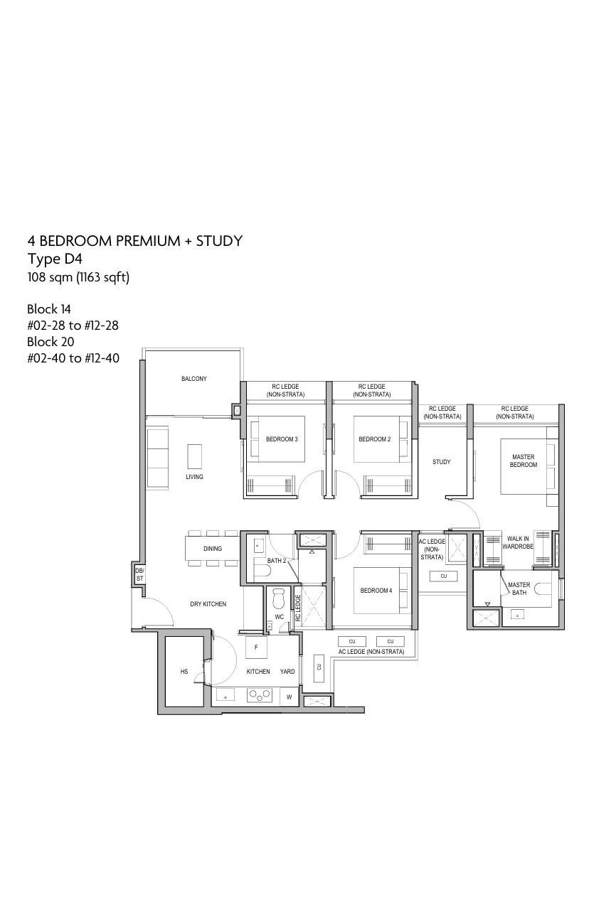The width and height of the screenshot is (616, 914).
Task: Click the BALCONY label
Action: point(194,379)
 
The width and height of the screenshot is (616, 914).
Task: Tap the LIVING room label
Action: point(194,477)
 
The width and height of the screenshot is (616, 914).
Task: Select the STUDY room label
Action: point(441,462)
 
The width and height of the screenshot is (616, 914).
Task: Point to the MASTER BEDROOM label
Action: point(524,461)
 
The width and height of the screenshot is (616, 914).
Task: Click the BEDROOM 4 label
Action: point(376,591)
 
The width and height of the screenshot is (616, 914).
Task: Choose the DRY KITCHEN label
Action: point(208,604)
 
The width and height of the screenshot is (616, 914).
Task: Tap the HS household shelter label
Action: point(184,671)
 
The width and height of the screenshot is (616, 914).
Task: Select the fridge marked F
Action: point(256,647)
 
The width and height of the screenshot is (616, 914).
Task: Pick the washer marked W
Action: point(290,697)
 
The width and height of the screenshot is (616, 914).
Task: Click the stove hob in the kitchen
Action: point(260,695)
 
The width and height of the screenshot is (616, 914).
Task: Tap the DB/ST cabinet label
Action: point(139,575)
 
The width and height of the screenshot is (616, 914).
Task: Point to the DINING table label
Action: point(213,549)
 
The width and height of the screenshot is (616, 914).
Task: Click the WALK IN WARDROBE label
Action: point(518,542)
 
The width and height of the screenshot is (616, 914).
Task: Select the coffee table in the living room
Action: point(194,456)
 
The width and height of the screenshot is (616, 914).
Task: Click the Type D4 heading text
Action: point(55,259)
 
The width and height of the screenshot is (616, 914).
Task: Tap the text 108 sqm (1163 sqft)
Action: point(78,277)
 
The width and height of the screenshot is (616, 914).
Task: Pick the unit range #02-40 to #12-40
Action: point(73,358)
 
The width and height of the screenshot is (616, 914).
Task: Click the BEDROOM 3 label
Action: point(282,439)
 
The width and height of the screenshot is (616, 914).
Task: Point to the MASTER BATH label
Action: point(519,588)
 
